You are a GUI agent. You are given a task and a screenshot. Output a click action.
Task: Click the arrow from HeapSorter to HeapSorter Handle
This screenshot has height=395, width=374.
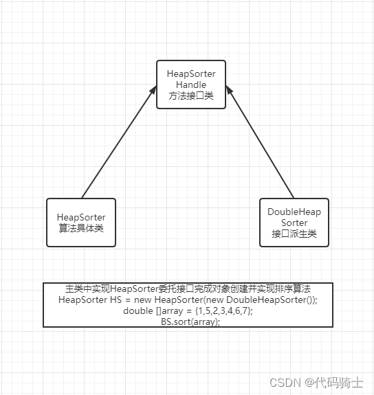[119, 142]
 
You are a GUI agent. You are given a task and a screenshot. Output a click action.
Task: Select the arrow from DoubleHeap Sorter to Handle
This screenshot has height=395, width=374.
[260, 142]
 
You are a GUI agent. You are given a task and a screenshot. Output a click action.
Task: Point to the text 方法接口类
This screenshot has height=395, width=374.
[191, 95]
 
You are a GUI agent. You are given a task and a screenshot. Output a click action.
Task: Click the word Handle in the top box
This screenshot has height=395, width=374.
[191, 84]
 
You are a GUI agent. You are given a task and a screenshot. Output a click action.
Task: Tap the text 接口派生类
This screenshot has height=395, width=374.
[294, 234]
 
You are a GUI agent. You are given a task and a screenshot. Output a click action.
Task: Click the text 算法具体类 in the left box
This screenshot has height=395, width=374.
[81, 228]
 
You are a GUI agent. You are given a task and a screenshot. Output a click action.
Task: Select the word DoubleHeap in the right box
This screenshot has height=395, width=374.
[294, 212]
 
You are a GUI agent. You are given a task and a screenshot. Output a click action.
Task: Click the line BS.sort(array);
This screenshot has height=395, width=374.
[190, 321]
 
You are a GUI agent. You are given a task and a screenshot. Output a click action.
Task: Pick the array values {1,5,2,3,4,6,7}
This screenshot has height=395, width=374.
[224, 311]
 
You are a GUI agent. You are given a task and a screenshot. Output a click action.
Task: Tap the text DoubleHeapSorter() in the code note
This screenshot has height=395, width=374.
[269, 300]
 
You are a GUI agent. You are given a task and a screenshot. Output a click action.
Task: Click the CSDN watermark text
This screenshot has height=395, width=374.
[285, 383]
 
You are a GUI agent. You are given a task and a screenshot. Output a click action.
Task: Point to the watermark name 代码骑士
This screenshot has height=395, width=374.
[338, 383]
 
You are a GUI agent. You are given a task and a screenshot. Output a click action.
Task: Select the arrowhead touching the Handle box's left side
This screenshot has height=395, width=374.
[153, 90]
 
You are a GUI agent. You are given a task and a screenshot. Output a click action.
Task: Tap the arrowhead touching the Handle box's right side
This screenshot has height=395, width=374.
[229, 90]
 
